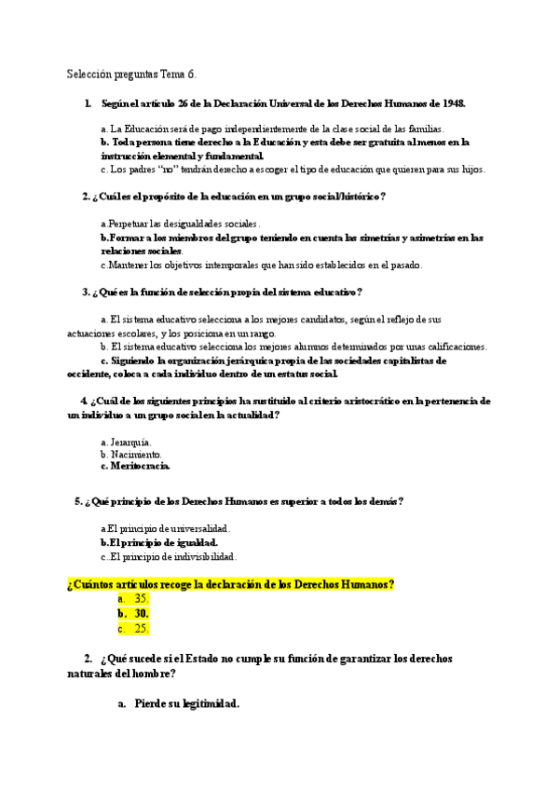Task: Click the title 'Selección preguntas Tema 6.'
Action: [131, 74]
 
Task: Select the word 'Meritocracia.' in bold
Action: [140, 466]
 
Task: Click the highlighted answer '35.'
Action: [142, 598]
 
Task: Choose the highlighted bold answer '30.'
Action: [142, 614]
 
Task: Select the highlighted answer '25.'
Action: [142, 629]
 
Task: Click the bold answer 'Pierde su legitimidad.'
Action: [187, 704]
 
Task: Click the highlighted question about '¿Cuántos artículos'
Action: [231, 584]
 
